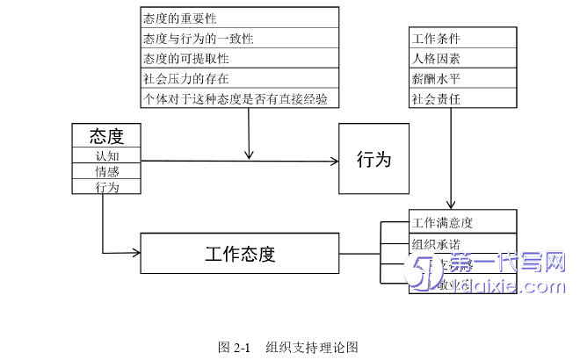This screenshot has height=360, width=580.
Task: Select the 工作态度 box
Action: click(239, 254)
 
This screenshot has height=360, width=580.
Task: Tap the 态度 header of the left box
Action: click(105, 136)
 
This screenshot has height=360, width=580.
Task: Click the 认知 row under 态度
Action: click(105, 155)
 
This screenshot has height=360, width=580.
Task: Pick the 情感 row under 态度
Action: click(105, 171)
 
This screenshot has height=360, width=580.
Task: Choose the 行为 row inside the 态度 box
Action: click(105, 187)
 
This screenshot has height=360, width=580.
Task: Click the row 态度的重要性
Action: click(239, 18)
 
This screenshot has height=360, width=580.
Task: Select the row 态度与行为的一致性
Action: click(239, 38)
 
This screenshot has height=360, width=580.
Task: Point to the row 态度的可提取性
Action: click(239, 58)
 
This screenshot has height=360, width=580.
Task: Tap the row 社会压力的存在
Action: click(239, 78)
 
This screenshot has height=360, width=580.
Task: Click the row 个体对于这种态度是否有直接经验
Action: click(239, 98)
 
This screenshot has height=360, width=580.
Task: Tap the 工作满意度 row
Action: click(462, 221)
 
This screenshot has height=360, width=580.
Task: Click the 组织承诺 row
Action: click(462, 243)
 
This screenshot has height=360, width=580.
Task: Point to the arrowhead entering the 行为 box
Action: click(334, 161)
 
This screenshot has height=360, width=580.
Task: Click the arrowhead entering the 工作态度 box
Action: click(136, 253)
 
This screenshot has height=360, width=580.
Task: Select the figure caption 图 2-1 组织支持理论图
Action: click(289, 346)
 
